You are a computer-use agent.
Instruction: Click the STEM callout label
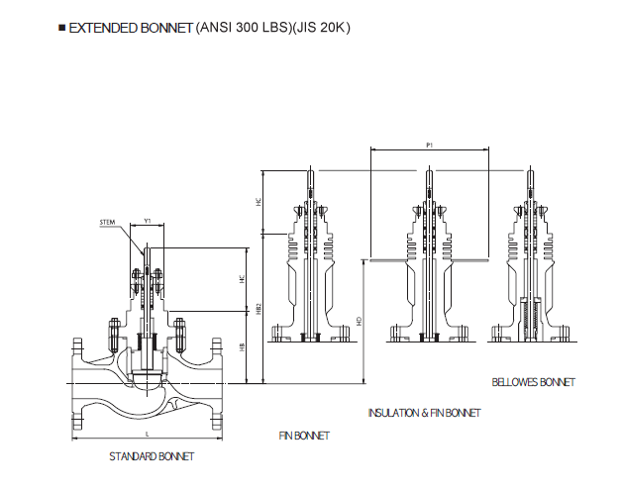pyautogui.click(x=108, y=223)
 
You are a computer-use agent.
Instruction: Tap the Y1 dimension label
pyautogui.click(x=148, y=222)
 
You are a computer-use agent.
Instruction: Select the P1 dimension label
pyautogui.click(x=429, y=146)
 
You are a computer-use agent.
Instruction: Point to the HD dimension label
pyautogui.click(x=359, y=321)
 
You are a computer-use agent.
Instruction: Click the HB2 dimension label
pyautogui.click(x=259, y=309)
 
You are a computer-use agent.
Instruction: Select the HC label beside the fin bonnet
pyautogui.click(x=259, y=201)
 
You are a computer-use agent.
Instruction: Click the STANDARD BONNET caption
pyautogui.click(x=152, y=456)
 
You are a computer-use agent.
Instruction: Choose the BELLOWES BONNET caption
pyautogui.click(x=533, y=382)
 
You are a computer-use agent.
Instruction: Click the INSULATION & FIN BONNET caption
pyautogui.click(x=424, y=413)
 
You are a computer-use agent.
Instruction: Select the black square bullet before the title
pyautogui.click(x=62, y=28)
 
